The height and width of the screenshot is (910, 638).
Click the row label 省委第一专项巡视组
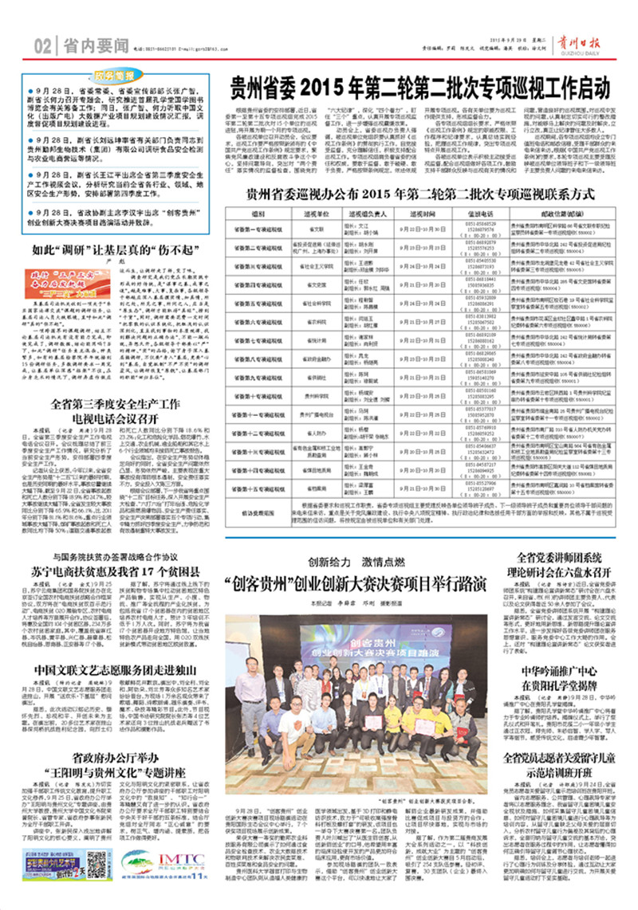pos(257,226)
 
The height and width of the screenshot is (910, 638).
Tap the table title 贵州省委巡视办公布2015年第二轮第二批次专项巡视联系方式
pos(419,194)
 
